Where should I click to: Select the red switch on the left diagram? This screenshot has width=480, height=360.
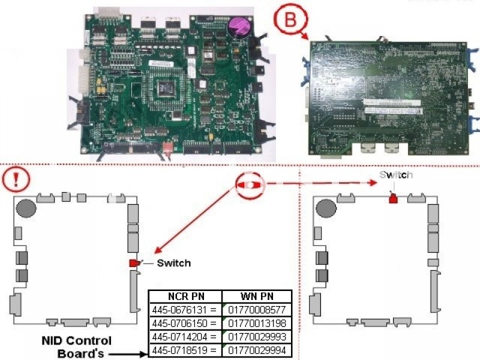133,263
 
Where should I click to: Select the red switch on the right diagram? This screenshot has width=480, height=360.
394,199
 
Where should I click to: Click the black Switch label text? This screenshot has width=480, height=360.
173,263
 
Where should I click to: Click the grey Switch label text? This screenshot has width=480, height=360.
395,175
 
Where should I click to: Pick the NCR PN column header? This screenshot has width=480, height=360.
185,296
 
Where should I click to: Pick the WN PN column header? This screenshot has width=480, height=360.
257,296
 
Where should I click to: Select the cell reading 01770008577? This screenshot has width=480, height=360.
257,310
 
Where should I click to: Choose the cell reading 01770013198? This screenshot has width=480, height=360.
257,324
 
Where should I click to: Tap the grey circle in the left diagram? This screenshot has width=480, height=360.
25,209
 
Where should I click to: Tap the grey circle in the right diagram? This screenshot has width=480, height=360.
326,209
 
